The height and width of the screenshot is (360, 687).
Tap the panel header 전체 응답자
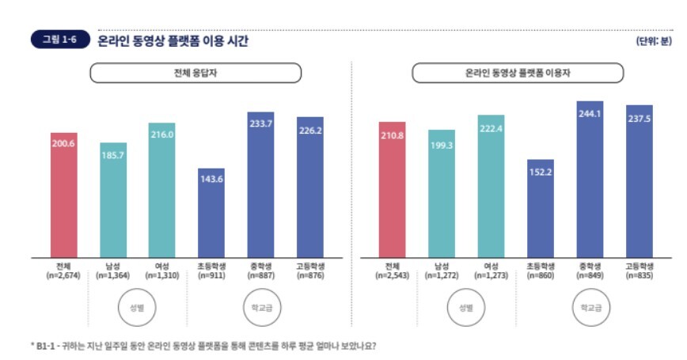(195, 73)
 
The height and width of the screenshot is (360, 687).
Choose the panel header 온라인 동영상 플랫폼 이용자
(518, 73)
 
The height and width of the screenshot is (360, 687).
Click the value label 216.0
(162, 135)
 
